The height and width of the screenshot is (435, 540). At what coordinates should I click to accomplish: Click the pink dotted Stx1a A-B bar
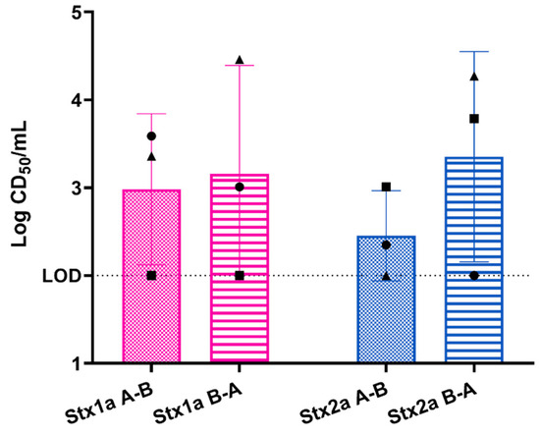point(151,295)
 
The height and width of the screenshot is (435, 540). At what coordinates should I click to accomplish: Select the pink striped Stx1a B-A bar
point(240,295)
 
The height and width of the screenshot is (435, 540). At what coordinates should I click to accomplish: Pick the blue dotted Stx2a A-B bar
point(386,314)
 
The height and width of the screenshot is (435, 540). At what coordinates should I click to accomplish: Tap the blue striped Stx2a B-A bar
point(474,295)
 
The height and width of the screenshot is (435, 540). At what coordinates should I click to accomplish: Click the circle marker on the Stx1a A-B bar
point(151,136)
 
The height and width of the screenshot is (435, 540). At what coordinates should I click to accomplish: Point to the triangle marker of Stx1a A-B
point(151,156)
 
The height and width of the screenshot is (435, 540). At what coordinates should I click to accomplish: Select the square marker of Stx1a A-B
point(151,276)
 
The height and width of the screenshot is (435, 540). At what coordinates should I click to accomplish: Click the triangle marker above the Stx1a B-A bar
point(240,61)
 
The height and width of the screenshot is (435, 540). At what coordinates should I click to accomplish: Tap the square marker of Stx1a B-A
point(240,276)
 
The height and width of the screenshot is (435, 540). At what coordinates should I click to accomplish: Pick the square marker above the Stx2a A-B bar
point(386,187)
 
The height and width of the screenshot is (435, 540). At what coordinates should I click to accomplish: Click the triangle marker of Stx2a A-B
point(386,276)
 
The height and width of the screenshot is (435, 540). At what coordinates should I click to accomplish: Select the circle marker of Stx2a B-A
point(474,276)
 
